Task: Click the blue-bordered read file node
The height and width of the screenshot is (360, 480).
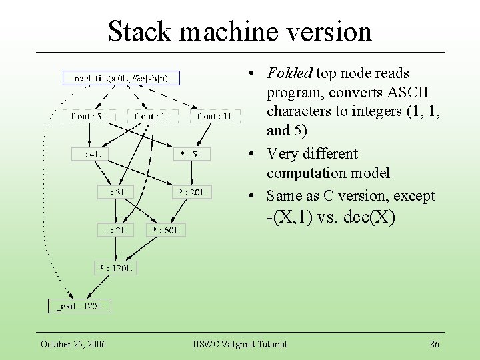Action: tap(121, 78)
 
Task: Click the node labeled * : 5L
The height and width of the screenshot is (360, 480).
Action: tap(192, 154)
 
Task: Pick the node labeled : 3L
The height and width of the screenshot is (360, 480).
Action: tap(117, 192)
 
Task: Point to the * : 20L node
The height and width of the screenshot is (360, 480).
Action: tap(192, 192)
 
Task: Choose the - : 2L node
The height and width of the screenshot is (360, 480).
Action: tap(115, 230)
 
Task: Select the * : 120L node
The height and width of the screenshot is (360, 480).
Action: tap(116, 268)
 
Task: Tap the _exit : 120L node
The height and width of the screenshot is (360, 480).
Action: tap(79, 306)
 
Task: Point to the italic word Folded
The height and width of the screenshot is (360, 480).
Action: tap(289, 73)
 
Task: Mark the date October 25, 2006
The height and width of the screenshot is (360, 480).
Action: tap(73, 344)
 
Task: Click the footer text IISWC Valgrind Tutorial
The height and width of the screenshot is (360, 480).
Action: tap(239, 344)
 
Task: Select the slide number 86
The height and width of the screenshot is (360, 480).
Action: tap(434, 344)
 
